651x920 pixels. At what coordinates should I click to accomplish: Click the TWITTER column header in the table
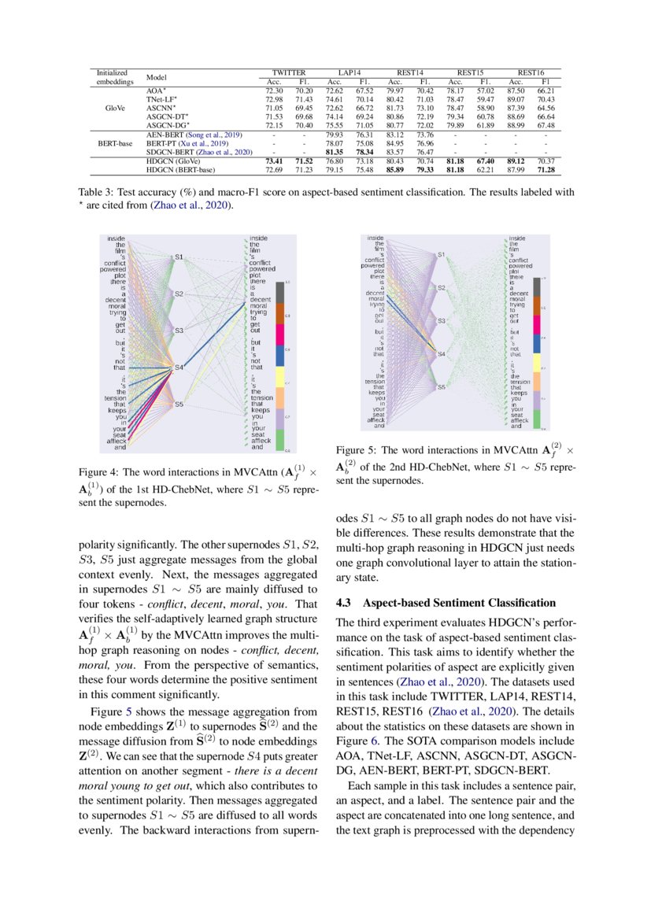click(287, 72)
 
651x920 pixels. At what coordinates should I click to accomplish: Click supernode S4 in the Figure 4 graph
click(179, 368)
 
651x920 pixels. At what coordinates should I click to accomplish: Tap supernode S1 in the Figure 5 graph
click(441, 254)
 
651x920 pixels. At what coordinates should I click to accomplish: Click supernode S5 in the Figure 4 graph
click(179, 404)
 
